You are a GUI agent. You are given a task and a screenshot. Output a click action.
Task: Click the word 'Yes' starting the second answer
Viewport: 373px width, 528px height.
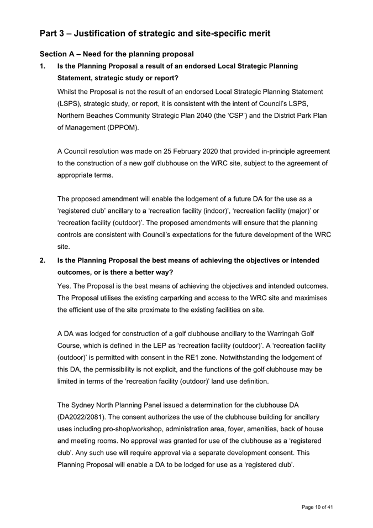pos(65,286)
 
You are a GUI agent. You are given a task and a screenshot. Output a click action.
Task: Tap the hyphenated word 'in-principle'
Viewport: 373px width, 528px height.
pos(263,151)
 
